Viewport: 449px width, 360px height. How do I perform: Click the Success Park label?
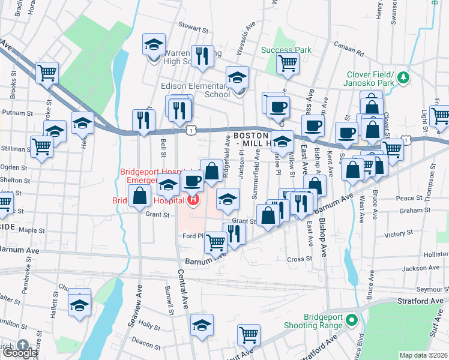click(286, 50)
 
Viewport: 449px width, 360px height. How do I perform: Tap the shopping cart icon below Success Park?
click(288, 62)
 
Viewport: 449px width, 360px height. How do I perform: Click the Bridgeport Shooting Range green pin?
click(354, 320)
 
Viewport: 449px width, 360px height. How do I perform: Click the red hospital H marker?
click(193, 200)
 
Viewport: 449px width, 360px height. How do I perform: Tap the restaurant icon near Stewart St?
click(202, 56)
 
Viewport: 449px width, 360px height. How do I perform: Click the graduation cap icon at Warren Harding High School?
click(154, 45)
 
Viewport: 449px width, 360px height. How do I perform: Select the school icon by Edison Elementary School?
click(237, 79)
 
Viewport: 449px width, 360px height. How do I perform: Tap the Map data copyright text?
click(423, 355)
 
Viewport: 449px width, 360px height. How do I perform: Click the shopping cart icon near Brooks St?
click(47, 73)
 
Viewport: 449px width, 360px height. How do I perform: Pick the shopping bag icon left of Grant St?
click(139, 196)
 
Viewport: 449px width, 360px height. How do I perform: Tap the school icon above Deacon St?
click(202, 326)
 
